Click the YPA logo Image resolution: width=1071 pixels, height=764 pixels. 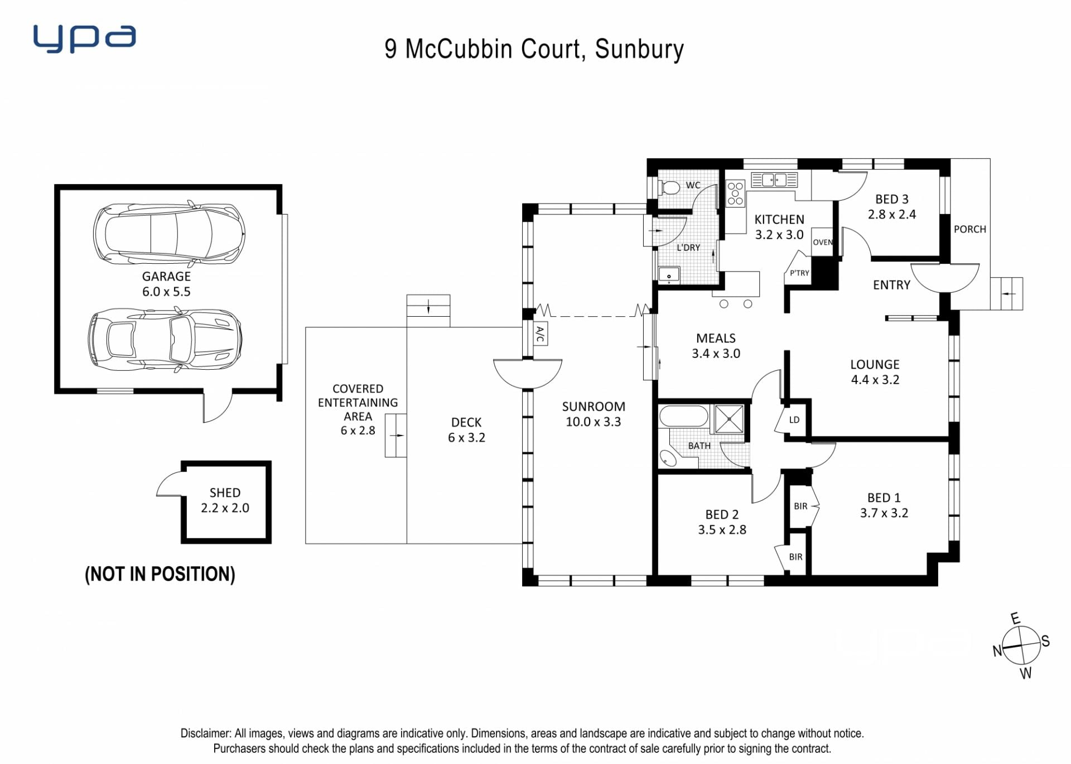click(84, 38)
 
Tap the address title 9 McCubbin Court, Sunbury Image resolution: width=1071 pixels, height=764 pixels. click(534, 49)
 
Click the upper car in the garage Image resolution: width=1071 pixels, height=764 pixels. click(169, 233)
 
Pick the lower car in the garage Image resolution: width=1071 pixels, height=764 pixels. click(165, 339)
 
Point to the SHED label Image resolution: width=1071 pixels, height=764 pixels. click(225, 493)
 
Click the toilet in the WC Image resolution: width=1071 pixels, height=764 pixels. click(669, 187)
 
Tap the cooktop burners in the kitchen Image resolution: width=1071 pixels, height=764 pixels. click(735, 193)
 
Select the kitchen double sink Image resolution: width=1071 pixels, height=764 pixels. click(774, 180)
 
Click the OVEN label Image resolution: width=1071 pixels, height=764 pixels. click(823, 242)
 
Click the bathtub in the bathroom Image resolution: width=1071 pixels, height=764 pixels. click(683, 416)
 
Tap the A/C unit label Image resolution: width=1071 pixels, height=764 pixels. click(540, 334)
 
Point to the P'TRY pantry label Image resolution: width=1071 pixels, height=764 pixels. click(799, 273)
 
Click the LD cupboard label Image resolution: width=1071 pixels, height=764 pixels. click(794, 419)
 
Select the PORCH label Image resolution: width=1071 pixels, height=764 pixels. click(970, 229)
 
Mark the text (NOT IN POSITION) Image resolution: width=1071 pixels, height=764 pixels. click(160, 574)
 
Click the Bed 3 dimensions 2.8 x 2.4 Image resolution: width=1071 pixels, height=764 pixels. click(892, 214)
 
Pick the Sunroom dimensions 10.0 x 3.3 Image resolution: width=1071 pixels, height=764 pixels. click(594, 422)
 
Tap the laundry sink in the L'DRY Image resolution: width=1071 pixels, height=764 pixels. click(669, 275)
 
